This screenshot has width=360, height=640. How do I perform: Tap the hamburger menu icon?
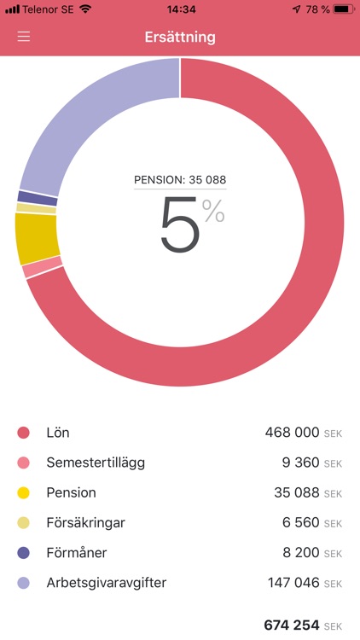(24, 38)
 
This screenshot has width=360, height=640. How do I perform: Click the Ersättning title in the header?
(180, 38)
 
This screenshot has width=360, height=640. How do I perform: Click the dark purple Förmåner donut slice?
(26, 197)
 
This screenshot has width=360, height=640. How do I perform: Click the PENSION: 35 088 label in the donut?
(180, 180)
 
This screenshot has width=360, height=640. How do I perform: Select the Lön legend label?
(58, 433)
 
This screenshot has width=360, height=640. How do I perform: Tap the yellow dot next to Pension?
(24, 493)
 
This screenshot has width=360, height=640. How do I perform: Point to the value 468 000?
(292, 433)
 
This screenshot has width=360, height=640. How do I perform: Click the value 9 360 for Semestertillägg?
(300, 463)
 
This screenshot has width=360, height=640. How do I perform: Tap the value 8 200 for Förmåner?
(300, 553)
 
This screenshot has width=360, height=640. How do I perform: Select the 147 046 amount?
(292, 583)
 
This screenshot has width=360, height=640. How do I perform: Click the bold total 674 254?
(291, 625)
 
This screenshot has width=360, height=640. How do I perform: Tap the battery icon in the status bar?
(342, 9)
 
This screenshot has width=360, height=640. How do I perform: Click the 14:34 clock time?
(180, 9)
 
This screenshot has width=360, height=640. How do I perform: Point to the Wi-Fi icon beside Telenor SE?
(85, 9)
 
